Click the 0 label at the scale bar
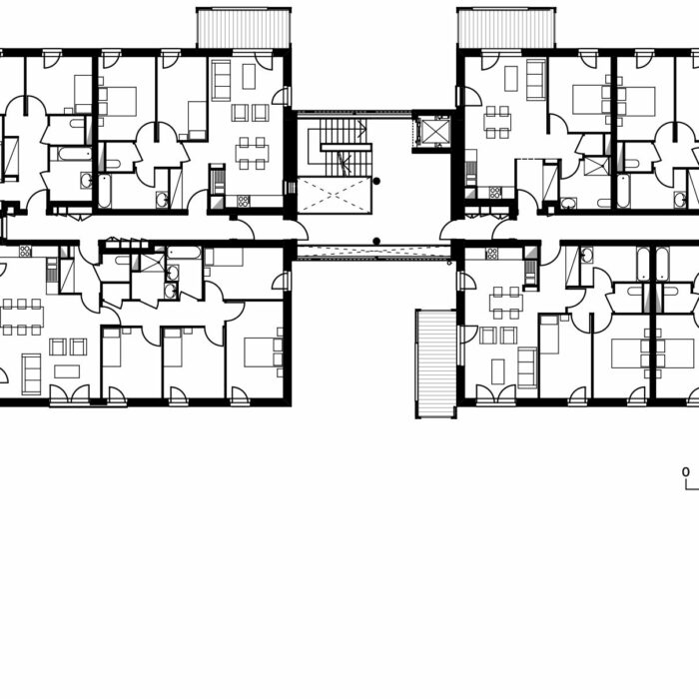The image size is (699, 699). tap(686, 471)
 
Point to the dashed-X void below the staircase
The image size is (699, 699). tap(335, 196)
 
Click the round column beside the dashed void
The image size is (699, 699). tap(376, 181)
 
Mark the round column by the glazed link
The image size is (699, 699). tap(376, 242)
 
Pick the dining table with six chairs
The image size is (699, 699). tap(22, 317)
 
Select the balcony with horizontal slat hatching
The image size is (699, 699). tap(435, 363)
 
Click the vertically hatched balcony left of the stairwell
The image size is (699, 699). tap(244, 28)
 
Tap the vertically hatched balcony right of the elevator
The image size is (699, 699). tap(506, 28)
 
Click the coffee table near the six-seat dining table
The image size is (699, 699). tap(67, 371)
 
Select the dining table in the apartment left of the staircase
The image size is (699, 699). tap(253, 154)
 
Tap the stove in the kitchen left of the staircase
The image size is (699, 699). tap(244, 202)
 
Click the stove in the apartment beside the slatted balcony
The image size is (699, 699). tap(491, 254)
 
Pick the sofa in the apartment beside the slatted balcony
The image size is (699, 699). tap(527, 367)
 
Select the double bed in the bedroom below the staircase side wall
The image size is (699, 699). tap(263, 352)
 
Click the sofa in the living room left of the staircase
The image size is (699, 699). tap(221, 80)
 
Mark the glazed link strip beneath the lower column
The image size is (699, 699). tap(374, 252)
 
